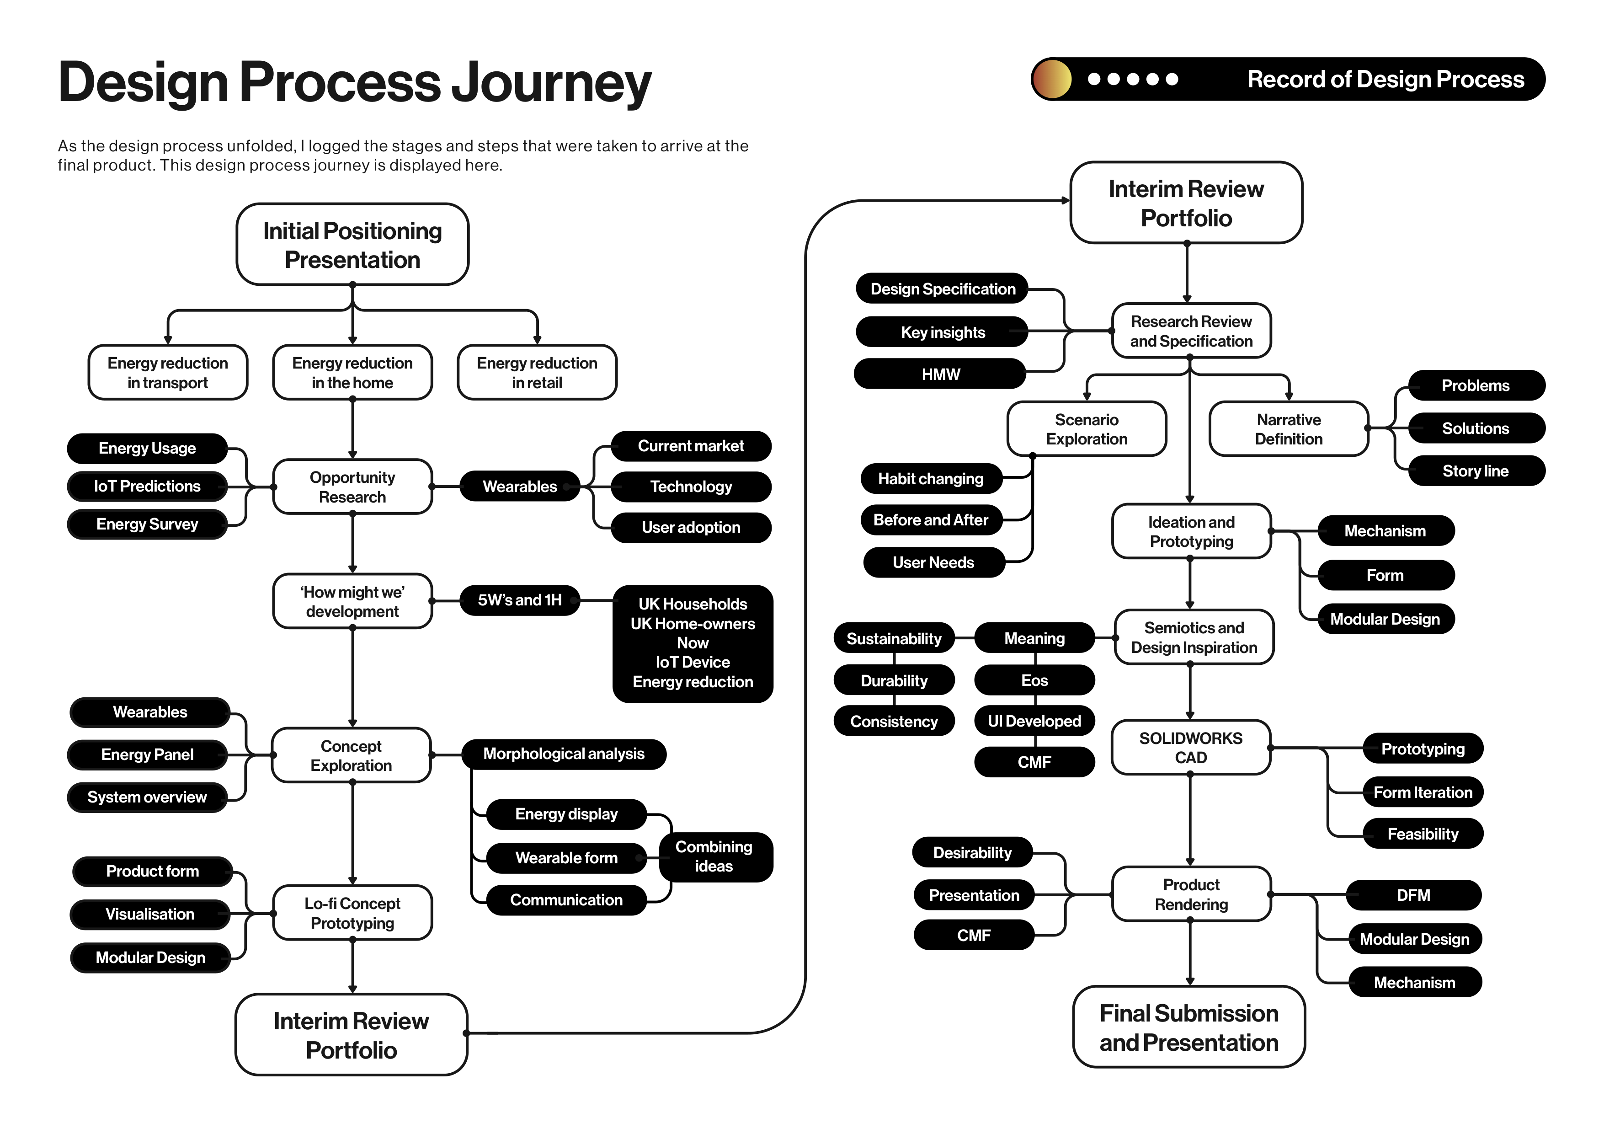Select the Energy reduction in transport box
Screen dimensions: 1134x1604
pos(168,372)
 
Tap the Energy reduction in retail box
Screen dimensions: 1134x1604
pos(537,372)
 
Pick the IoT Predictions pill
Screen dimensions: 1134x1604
pos(147,487)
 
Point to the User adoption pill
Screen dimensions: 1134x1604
pos(691,528)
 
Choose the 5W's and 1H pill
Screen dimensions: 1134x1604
pos(519,600)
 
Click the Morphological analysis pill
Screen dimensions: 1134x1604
pos(564,754)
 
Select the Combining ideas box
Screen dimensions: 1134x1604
pos(714,856)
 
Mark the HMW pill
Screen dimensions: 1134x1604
pos(940,374)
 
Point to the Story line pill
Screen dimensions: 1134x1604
pos(1476,471)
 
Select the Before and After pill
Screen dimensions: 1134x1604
pos(931,520)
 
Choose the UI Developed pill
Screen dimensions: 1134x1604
pos(1034,721)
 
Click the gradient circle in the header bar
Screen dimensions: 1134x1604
pos(1052,79)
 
